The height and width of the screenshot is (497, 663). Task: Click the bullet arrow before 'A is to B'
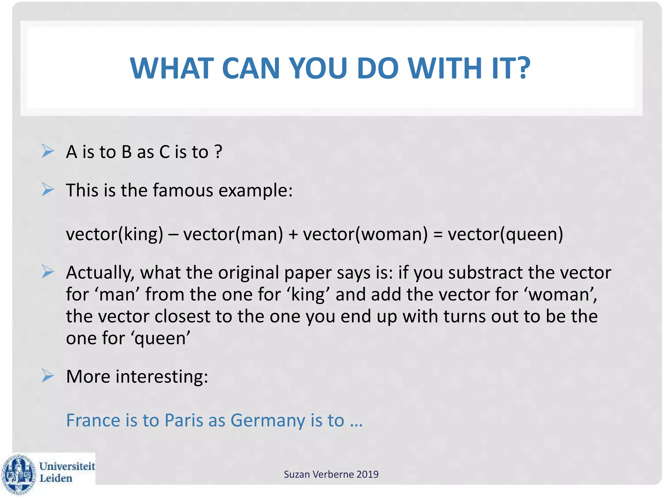point(48,151)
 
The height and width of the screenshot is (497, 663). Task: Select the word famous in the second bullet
point(183,190)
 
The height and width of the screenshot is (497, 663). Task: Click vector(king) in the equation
point(115,234)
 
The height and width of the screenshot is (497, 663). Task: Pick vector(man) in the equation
point(233,234)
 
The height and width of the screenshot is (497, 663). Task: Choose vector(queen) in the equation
point(505,234)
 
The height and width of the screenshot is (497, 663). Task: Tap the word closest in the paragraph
point(182,316)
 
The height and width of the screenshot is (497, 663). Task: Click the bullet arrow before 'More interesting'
point(48,376)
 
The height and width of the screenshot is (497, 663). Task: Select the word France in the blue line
point(93,420)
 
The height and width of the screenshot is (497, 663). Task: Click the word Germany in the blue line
point(268,421)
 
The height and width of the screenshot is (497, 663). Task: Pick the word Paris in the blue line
point(184,420)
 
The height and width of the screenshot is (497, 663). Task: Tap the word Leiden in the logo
point(56,478)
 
